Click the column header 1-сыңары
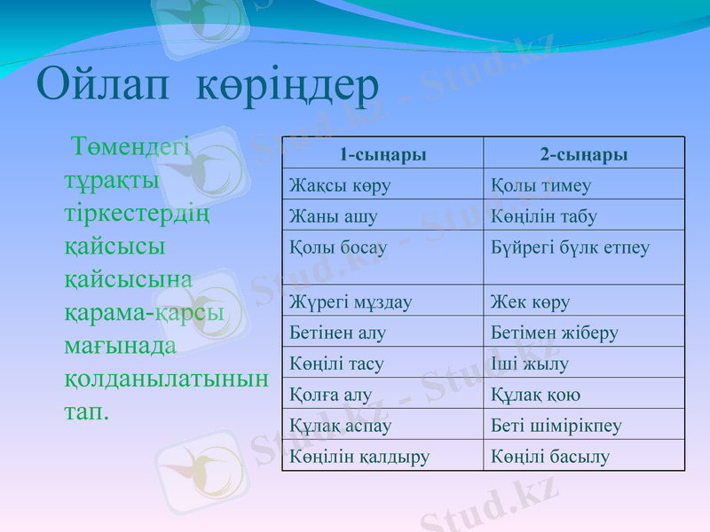pyautogui.click(x=383, y=154)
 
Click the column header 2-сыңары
pyautogui.click(x=584, y=154)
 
